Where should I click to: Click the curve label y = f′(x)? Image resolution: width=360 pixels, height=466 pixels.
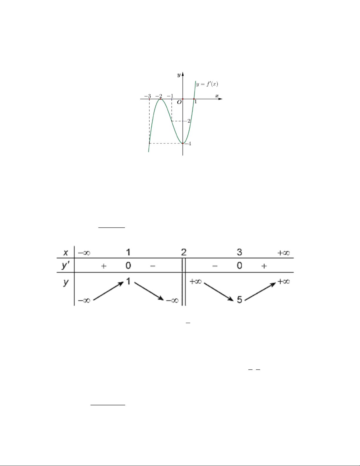(x=207, y=84)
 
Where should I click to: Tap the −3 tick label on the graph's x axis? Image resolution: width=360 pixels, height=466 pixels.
(x=148, y=96)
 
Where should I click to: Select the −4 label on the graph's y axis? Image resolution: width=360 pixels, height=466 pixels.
(x=188, y=144)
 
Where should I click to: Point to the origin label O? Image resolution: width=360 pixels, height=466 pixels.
(x=179, y=102)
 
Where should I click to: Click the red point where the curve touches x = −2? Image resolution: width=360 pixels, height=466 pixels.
(x=160, y=99)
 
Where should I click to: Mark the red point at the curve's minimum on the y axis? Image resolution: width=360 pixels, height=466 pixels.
(x=183, y=143)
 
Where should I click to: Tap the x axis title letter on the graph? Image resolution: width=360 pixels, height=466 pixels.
(x=217, y=96)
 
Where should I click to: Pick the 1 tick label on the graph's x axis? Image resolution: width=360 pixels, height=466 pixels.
(x=195, y=102)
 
